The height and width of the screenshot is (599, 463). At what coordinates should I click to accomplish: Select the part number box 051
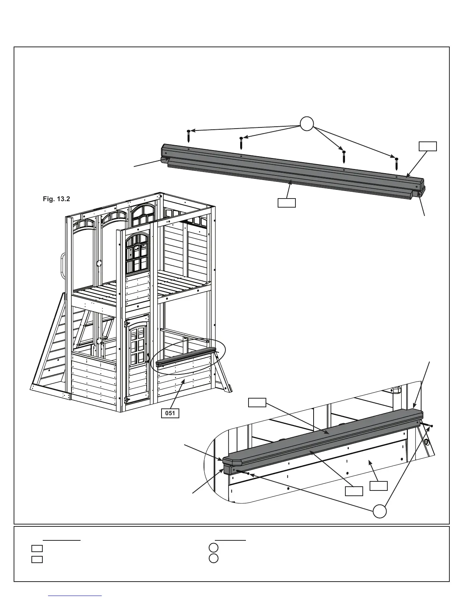170,413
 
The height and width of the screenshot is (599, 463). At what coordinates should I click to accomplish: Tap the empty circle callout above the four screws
307,123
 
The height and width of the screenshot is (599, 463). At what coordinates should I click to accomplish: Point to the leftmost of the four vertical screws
188,136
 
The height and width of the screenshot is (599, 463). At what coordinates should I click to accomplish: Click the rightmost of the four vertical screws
396,163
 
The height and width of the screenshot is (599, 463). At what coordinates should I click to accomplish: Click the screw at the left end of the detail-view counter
242,472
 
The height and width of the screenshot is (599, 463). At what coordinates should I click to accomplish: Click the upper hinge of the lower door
127,324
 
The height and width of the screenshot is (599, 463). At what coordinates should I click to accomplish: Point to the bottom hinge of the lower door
127,399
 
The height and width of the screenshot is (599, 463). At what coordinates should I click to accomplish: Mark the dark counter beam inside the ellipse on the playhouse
185,357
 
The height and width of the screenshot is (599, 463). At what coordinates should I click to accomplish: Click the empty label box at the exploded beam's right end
428,146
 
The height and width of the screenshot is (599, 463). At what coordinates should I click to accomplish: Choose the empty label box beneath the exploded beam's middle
286,203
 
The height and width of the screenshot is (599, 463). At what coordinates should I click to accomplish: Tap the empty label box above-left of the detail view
257,402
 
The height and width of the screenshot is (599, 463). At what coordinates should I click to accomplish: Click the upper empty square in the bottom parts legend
37,548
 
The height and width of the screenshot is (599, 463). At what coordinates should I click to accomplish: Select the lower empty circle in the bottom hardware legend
213,558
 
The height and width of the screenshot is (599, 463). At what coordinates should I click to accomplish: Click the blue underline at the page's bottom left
76,596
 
